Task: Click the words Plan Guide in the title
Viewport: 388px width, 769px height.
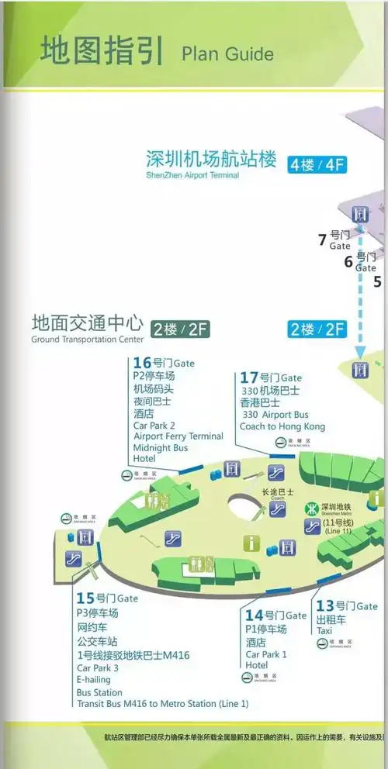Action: tap(227, 53)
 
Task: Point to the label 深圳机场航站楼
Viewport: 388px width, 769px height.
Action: tap(211, 159)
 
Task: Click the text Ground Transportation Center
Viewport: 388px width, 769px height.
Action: tap(88, 340)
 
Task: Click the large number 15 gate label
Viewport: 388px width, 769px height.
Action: tap(85, 598)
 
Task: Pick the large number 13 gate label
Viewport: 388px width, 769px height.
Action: tap(324, 605)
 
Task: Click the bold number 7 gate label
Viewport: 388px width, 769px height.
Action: tap(323, 240)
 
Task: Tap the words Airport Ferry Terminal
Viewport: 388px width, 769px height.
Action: tap(178, 436)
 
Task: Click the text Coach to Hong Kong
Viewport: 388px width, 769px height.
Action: tap(282, 426)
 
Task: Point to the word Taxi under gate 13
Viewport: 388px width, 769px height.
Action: tap(324, 631)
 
